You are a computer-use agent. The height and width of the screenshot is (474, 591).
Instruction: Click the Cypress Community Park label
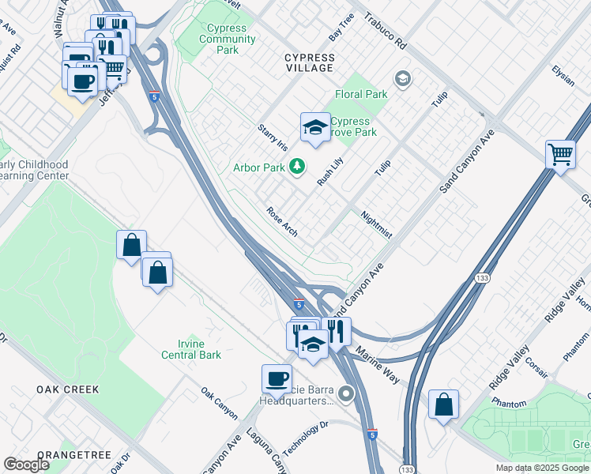click(x=227, y=39)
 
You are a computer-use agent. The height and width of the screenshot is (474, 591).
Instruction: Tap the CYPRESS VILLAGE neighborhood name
click(x=310, y=63)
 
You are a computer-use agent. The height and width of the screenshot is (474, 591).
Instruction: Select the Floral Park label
click(x=361, y=94)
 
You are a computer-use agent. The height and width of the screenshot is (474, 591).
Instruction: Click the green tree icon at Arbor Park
click(x=297, y=167)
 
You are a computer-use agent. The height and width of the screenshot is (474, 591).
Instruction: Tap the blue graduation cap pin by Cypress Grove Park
click(x=315, y=128)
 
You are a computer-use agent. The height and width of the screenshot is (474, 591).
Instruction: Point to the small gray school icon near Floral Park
click(x=403, y=78)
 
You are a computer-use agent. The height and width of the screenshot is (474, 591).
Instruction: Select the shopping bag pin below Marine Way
click(x=444, y=404)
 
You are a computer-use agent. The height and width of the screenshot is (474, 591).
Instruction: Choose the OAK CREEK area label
click(x=68, y=389)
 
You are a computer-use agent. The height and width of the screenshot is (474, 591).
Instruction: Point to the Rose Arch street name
click(x=282, y=222)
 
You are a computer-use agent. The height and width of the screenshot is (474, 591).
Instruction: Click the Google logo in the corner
click(x=26, y=465)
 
